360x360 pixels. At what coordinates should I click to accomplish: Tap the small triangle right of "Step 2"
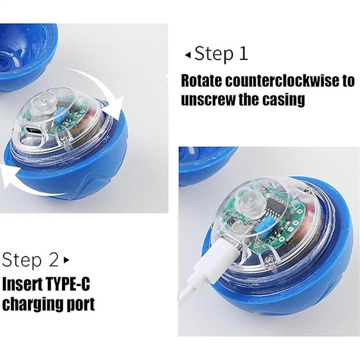pyautogui.click(x=67, y=260)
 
